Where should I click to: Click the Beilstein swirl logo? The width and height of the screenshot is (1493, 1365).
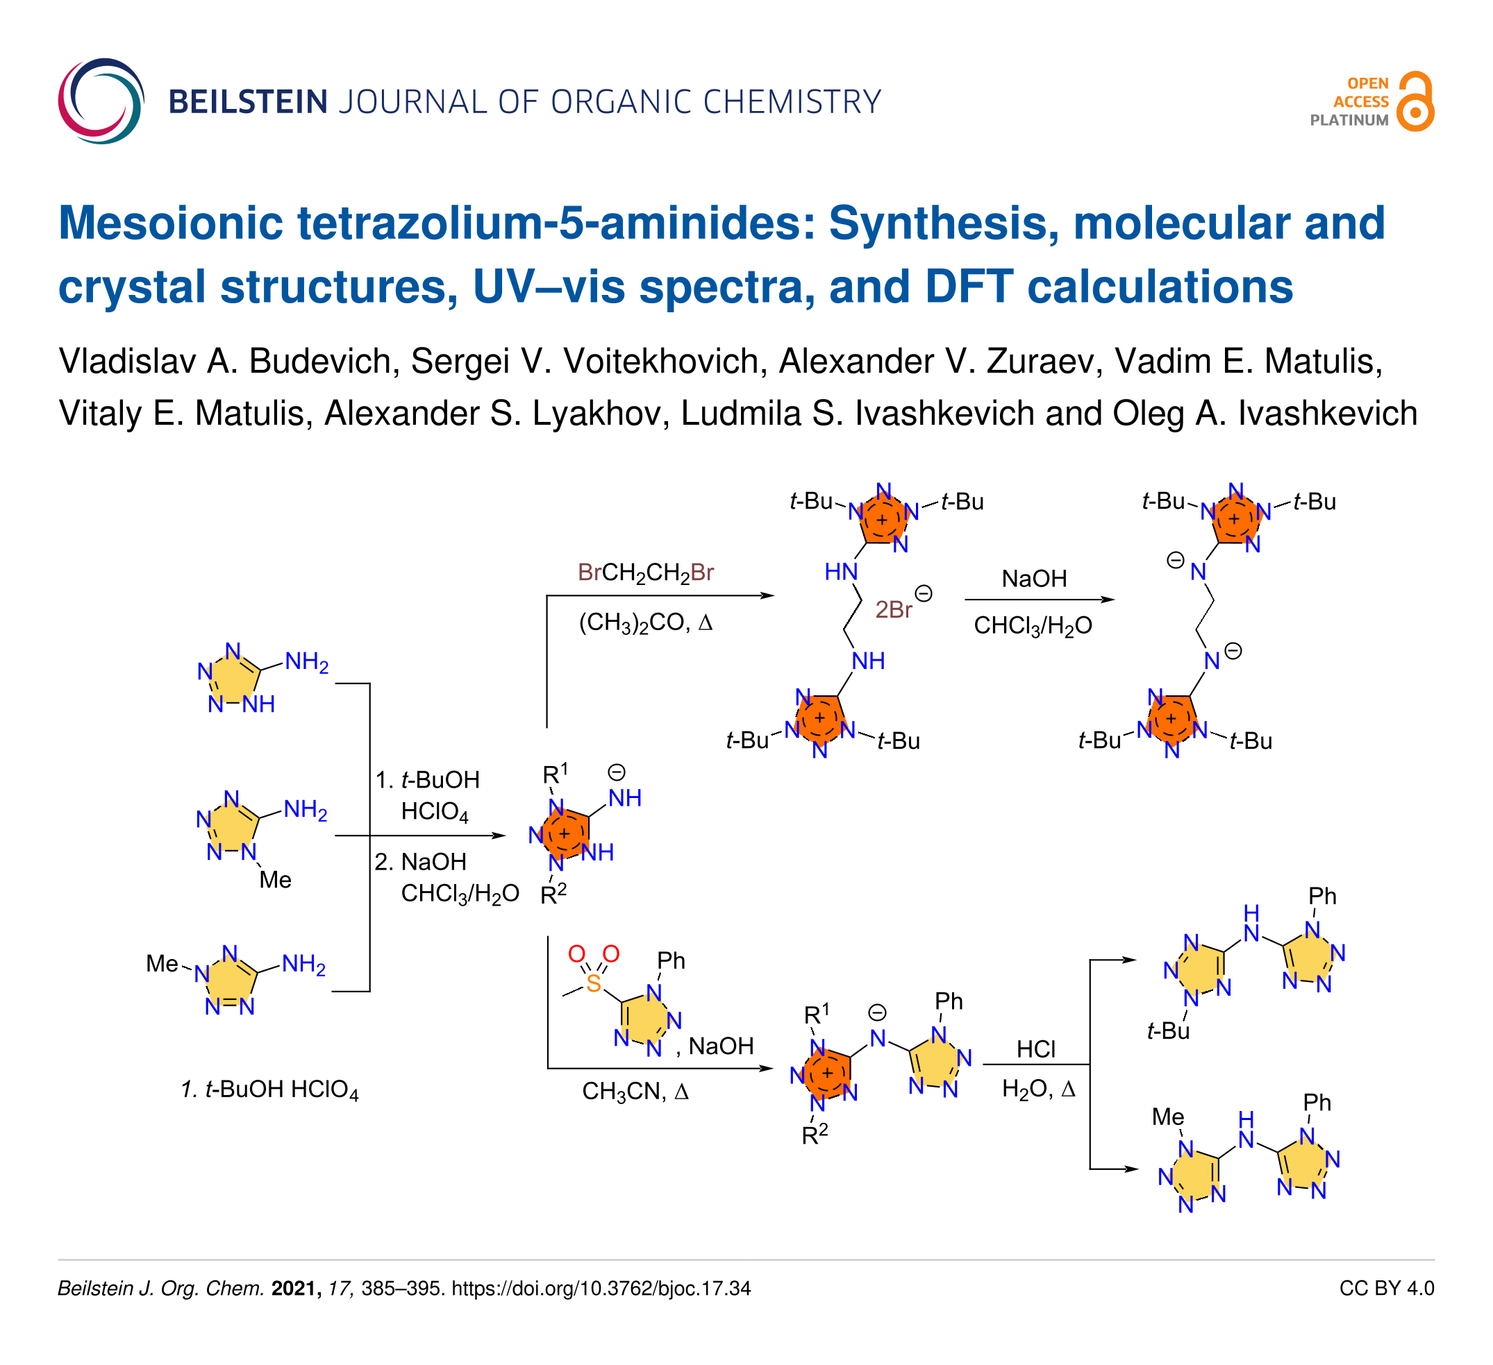pos(101,101)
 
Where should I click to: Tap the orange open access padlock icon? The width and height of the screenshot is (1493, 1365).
pos(1415,102)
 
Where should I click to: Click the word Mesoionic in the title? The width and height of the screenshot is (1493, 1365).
pos(170,223)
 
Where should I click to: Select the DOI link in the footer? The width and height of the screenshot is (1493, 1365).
pos(601,1289)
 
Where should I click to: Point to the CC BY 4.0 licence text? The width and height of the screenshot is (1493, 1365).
pos(1386,1289)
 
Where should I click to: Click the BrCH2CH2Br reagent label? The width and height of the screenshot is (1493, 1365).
pos(645,573)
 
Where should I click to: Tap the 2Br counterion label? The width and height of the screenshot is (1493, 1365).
pos(894,610)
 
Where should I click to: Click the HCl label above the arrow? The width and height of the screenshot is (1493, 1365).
pos(1035,1049)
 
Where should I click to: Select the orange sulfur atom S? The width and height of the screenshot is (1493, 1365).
pos(593,983)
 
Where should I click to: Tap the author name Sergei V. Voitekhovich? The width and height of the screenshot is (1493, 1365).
pos(589,362)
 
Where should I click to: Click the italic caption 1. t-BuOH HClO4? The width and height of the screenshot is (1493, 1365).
pos(269,1090)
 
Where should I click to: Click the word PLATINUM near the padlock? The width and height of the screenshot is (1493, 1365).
pos(1349,121)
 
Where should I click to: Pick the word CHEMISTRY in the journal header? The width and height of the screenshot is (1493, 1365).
pos(792,102)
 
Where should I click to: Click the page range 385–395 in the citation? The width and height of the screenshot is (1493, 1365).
pos(402,1289)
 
